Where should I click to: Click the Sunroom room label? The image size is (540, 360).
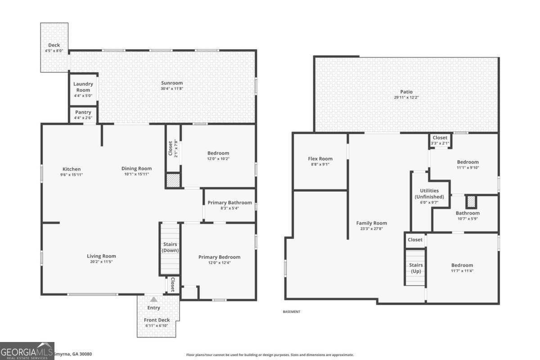172,83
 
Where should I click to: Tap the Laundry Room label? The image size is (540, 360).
83,87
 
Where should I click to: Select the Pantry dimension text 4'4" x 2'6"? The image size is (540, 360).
83,118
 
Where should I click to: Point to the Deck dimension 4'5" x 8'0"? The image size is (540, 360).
54,51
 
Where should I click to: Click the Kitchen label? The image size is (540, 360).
72,169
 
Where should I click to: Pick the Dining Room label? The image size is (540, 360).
137,169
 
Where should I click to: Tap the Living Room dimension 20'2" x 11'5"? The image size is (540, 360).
102,262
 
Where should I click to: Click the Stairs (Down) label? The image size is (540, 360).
170,247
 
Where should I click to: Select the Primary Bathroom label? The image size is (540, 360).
230,202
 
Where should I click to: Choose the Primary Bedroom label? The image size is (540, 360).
220,257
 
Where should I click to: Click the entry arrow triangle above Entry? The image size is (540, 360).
154,300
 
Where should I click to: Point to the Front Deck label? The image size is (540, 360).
157,320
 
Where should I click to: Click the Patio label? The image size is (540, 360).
406,92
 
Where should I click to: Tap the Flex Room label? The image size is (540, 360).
320,159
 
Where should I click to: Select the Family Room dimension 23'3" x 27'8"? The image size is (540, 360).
372,229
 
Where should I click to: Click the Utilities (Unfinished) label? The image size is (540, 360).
429,193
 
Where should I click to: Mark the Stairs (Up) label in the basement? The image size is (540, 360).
416,268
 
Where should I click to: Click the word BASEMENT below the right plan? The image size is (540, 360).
292,312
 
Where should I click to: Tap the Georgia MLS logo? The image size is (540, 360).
27,351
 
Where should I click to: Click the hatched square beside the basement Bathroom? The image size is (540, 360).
471,202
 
